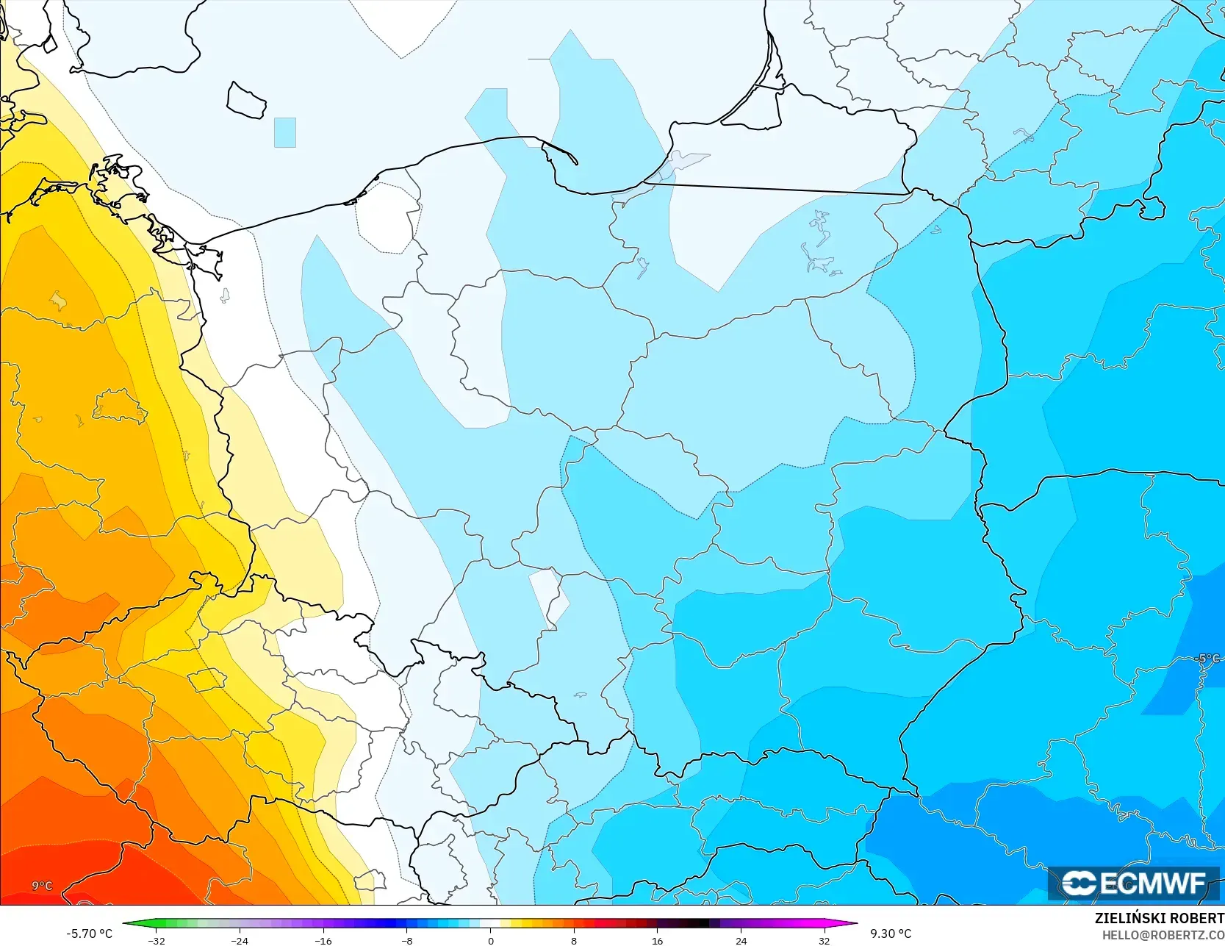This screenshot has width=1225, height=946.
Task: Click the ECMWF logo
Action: tap(1133, 883)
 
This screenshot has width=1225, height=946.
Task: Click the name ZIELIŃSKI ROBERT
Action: tap(1159, 918)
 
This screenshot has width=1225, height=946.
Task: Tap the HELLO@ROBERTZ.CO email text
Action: tap(1163, 934)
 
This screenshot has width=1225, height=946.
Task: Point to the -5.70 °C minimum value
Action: tap(89, 934)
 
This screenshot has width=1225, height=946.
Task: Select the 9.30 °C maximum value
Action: tap(891, 934)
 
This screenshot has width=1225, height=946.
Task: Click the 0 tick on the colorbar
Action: tap(490, 940)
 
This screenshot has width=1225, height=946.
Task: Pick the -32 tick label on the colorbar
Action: tap(156, 940)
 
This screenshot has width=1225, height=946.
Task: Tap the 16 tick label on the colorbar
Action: tap(657, 940)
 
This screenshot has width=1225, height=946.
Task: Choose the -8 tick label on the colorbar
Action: tap(406, 940)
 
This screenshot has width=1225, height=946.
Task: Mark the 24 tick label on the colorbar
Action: tap(741, 940)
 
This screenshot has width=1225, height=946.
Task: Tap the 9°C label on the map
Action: tap(42, 886)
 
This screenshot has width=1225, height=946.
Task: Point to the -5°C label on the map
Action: tap(1207, 659)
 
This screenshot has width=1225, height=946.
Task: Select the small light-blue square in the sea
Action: tap(284, 132)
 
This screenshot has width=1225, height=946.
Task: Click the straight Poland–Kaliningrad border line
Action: tap(775, 189)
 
